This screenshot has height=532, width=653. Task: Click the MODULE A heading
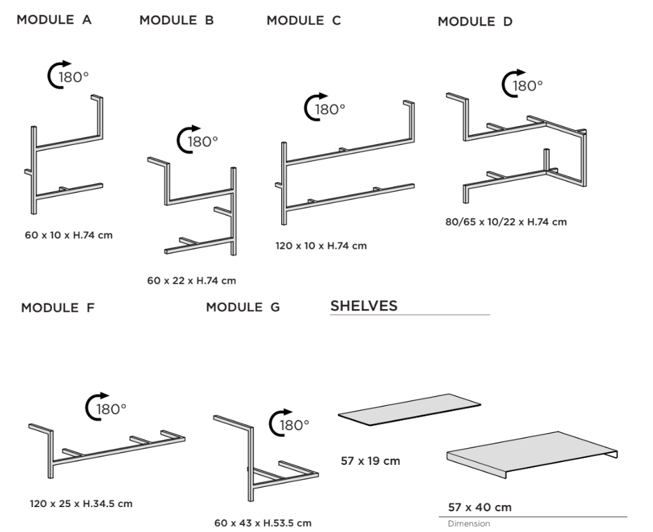[54, 19]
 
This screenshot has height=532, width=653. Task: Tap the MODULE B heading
[177, 20]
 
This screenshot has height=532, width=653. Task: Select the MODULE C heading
[303, 20]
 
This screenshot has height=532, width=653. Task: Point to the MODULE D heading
[475, 22]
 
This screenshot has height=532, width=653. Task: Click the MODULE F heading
[58, 308]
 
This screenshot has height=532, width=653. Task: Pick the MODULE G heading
[243, 307]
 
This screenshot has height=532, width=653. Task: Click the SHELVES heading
[364, 306]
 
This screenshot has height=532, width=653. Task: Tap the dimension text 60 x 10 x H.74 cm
[69, 235]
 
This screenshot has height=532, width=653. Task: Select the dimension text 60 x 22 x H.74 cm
[192, 281]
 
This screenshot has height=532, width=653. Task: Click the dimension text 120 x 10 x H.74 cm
[321, 245]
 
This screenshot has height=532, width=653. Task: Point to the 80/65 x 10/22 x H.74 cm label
[506, 222]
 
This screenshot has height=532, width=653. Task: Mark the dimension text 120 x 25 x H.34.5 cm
[81, 504]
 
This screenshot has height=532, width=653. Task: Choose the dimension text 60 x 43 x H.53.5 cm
[263, 522]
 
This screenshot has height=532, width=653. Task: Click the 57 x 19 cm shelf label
[370, 461]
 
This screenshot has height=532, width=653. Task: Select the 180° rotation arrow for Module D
[511, 84]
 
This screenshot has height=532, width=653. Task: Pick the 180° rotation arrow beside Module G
[278, 424]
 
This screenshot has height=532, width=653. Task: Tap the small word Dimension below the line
[469, 524]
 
